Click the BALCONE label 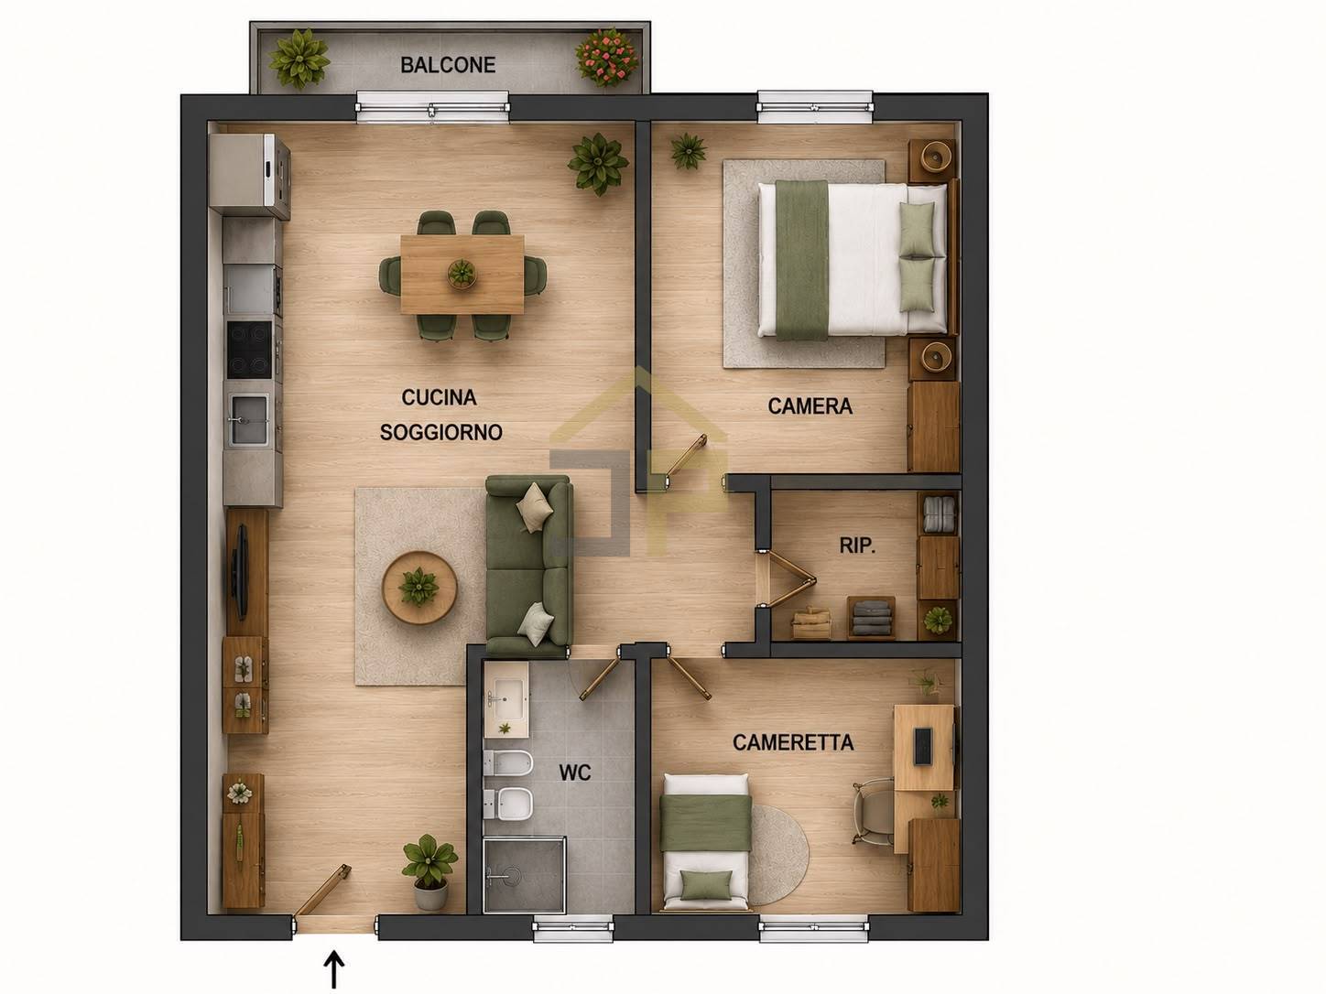pyautogui.click(x=448, y=65)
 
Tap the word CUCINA pyautogui.click(x=440, y=397)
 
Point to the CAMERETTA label pyautogui.click(x=793, y=741)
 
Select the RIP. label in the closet pyautogui.click(x=857, y=546)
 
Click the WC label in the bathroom pyautogui.click(x=574, y=773)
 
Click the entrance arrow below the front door pyautogui.click(x=333, y=969)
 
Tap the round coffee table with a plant pyautogui.click(x=419, y=588)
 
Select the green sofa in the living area pyautogui.click(x=529, y=566)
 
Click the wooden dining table pyautogui.click(x=462, y=274)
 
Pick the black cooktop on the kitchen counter pyautogui.click(x=249, y=350)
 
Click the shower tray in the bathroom pyautogui.click(x=525, y=874)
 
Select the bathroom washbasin pyautogui.click(x=506, y=699)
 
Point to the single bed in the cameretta pyautogui.click(x=706, y=842)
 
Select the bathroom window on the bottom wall pyautogui.click(x=572, y=927)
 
